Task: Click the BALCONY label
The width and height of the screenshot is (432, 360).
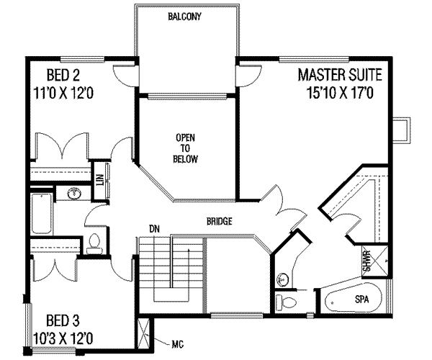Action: click(x=184, y=17)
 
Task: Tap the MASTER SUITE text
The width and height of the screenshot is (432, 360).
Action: click(x=341, y=75)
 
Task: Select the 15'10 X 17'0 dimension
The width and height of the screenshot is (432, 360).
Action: click(x=340, y=93)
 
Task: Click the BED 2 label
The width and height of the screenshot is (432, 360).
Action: click(x=63, y=75)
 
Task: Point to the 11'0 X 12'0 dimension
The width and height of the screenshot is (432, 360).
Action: click(x=63, y=93)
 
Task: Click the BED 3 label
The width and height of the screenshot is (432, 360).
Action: click(x=63, y=320)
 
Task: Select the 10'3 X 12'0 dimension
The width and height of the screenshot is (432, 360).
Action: click(x=63, y=338)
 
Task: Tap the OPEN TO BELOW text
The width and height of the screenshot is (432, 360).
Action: click(x=185, y=148)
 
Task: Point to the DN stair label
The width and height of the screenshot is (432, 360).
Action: click(x=155, y=229)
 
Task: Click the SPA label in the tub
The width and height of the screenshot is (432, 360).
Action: click(x=361, y=300)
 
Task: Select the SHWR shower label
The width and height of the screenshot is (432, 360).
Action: click(x=366, y=261)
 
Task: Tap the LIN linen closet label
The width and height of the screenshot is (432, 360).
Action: click(x=99, y=180)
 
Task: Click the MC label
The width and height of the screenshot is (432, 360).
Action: click(x=178, y=344)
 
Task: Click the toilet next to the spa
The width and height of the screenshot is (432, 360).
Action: click(x=287, y=302)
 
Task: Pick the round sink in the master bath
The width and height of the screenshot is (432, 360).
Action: click(x=282, y=279)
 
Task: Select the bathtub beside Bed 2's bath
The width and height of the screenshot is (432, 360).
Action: click(x=41, y=214)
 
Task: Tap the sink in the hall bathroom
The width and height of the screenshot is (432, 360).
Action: click(x=74, y=194)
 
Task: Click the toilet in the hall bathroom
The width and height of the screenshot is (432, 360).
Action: click(x=94, y=244)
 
